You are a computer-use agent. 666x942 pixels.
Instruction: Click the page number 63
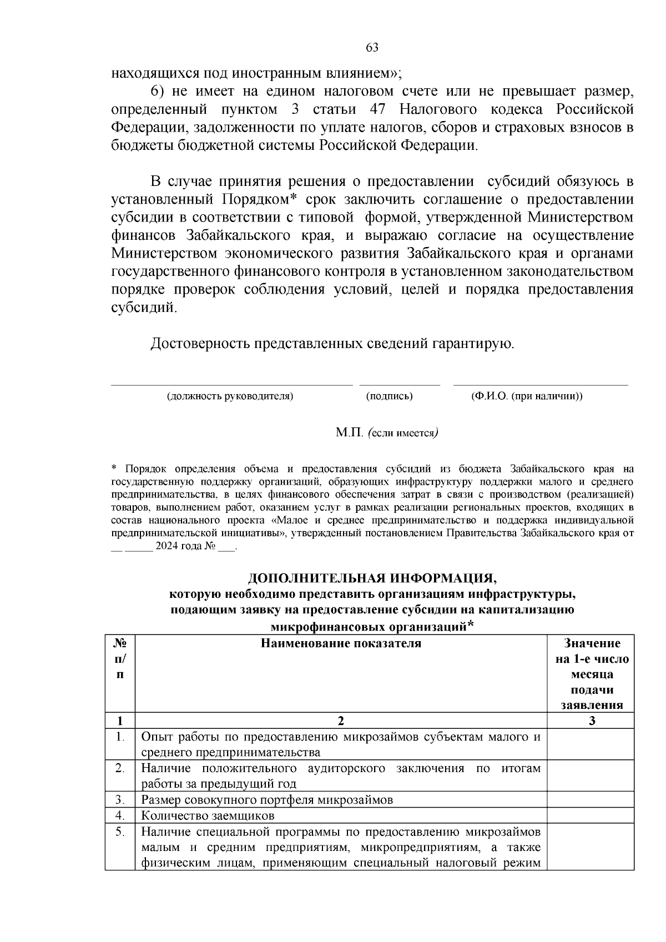[x=372, y=48]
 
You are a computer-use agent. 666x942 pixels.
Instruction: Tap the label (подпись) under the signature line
[x=389, y=396]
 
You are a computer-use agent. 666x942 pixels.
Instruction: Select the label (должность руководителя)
[x=230, y=396]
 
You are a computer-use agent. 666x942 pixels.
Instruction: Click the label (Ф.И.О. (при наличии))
[x=526, y=396]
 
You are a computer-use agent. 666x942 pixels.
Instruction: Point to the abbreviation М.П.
[x=349, y=433]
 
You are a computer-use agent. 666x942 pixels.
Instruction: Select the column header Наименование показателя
[x=341, y=643]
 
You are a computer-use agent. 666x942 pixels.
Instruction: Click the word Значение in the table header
[x=592, y=643]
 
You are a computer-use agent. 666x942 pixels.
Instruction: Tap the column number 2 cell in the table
[x=341, y=721]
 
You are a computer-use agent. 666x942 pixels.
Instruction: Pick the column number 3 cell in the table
[x=592, y=721]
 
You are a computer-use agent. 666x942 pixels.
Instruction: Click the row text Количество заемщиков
[x=208, y=816]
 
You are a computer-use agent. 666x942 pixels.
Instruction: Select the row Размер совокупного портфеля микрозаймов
[x=267, y=800]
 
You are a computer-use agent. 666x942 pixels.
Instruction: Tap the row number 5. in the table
[x=120, y=832]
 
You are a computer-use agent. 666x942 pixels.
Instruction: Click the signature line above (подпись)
[x=400, y=384]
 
